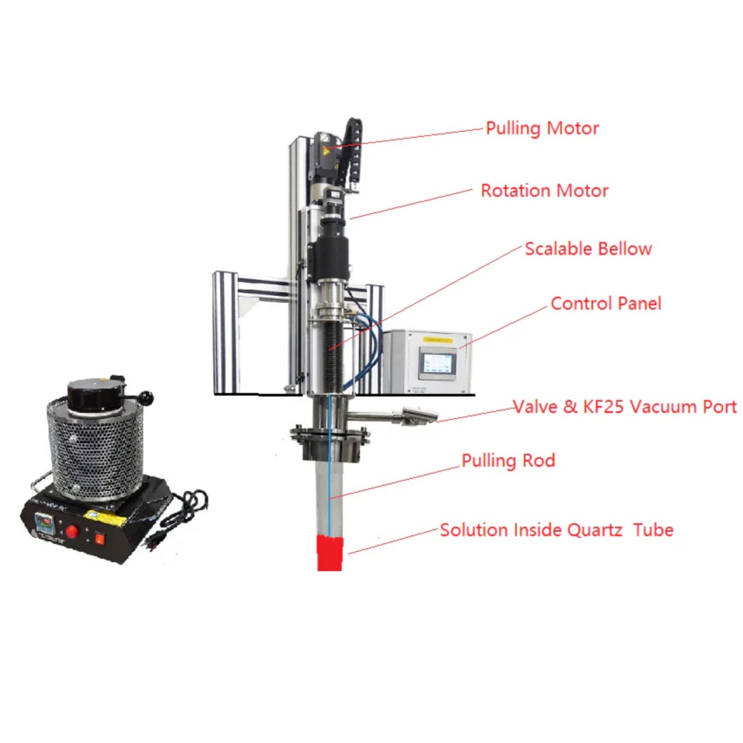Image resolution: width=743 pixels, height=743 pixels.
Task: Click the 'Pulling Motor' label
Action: point(542,129)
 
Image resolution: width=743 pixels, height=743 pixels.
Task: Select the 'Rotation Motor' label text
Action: point(544,191)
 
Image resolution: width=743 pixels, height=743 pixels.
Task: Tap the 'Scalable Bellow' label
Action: point(588,249)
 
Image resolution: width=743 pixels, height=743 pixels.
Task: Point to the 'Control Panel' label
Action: point(606,303)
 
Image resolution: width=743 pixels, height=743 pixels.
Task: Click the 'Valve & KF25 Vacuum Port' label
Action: point(625,407)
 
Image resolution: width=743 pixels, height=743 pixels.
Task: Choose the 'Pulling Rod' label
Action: point(508,461)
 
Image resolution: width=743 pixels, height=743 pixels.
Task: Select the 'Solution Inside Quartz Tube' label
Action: point(556,530)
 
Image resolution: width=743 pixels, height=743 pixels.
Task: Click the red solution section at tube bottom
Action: point(330,553)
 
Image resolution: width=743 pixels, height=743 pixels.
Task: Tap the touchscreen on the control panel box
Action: point(437,362)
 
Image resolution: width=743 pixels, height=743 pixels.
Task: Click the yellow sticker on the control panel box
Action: point(438,340)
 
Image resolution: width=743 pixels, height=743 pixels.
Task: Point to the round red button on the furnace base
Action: point(73,531)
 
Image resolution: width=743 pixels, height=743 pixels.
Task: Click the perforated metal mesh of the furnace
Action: point(93,452)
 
